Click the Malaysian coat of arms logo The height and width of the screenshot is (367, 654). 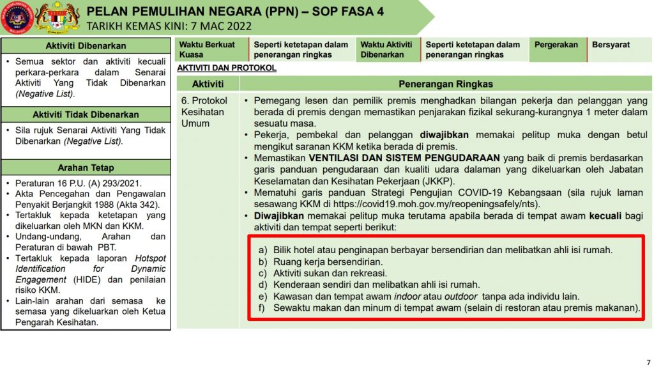click(x=57, y=17)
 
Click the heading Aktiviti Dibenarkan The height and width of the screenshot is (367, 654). click(x=86, y=46)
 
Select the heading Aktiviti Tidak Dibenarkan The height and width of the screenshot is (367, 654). click(x=86, y=114)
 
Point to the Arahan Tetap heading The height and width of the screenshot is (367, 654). click(x=86, y=168)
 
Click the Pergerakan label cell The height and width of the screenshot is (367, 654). click(x=556, y=45)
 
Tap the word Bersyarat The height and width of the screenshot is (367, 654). click(x=611, y=45)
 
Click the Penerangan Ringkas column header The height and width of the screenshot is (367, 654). click(x=446, y=84)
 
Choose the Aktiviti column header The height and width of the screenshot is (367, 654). click(x=208, y=84)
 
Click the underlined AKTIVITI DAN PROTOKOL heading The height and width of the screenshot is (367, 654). click(x=227, y=68)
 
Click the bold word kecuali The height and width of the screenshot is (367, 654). click(x=606, y=216)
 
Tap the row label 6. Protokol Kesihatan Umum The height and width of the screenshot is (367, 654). click(x=204, y=112)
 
